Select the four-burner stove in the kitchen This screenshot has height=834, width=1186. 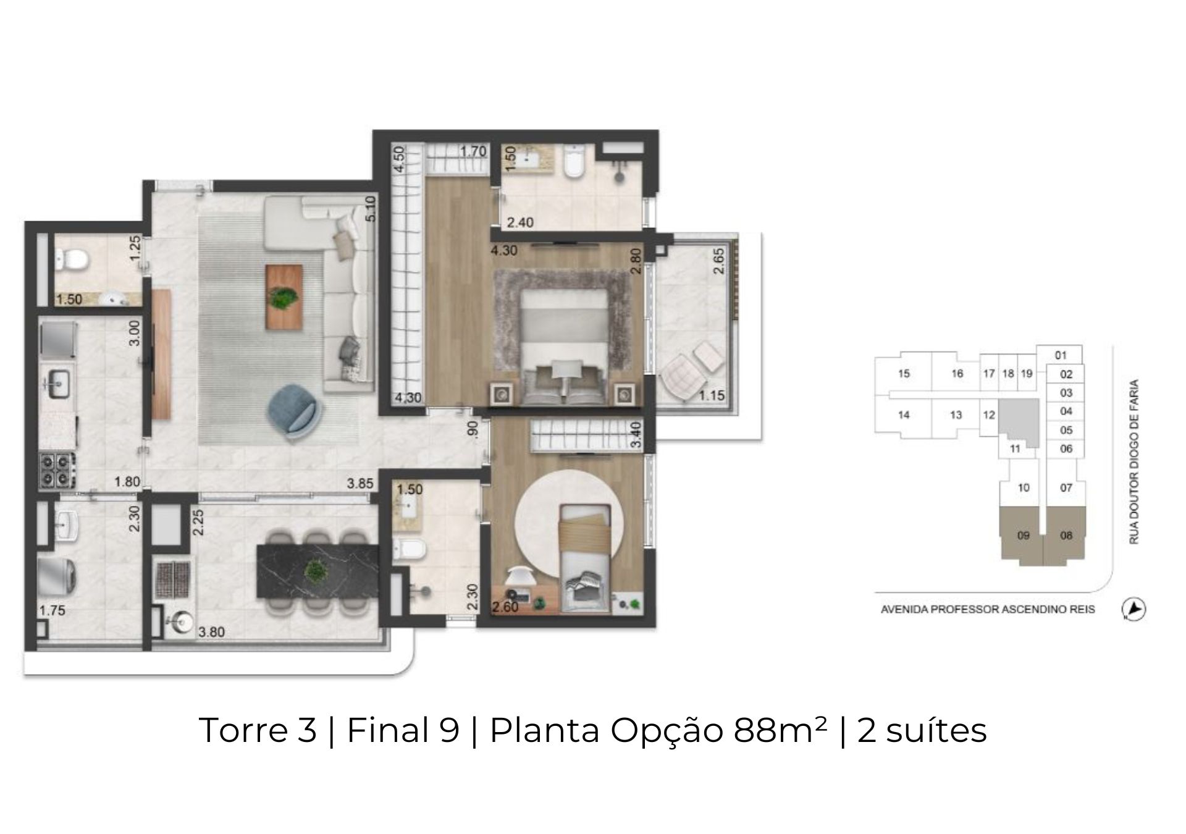pyautogui.click(x=57, y=470)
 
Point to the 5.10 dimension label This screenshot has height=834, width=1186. pyautogui.click(x=370, y=209)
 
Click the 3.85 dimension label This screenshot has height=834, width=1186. pyautogui.click(x=360, y=484)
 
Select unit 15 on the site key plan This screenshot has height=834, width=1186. pyautogui.click(x=904, y=374)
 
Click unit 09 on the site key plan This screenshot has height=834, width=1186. pyautogui.click(x=1023, y=536)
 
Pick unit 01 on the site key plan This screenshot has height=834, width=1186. pyautogui.click(x=1061, y=355)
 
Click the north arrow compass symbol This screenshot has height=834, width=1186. pyautogui.click(x=1133, y=609)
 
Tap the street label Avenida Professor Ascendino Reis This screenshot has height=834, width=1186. pyautogui.click(x=988, y=610)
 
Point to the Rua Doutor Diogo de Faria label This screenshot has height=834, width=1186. pyautogui.click(x=1133, y=462)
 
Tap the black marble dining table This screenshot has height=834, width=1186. pyautogui.click(x=319, y=571)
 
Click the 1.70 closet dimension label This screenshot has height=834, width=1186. pyautogui.click(x=473, y=151)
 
